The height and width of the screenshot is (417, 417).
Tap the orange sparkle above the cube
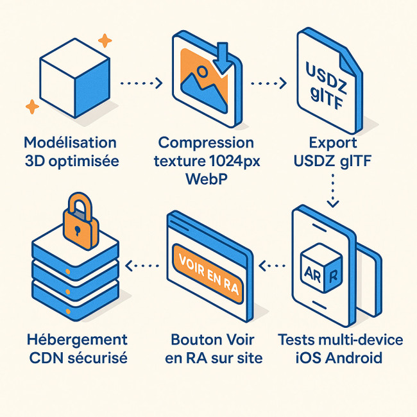point(105,41)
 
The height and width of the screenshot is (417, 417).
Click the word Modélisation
point(70,142)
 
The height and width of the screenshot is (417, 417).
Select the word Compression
point(206,142)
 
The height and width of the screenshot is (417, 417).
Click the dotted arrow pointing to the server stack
point(141,264)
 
